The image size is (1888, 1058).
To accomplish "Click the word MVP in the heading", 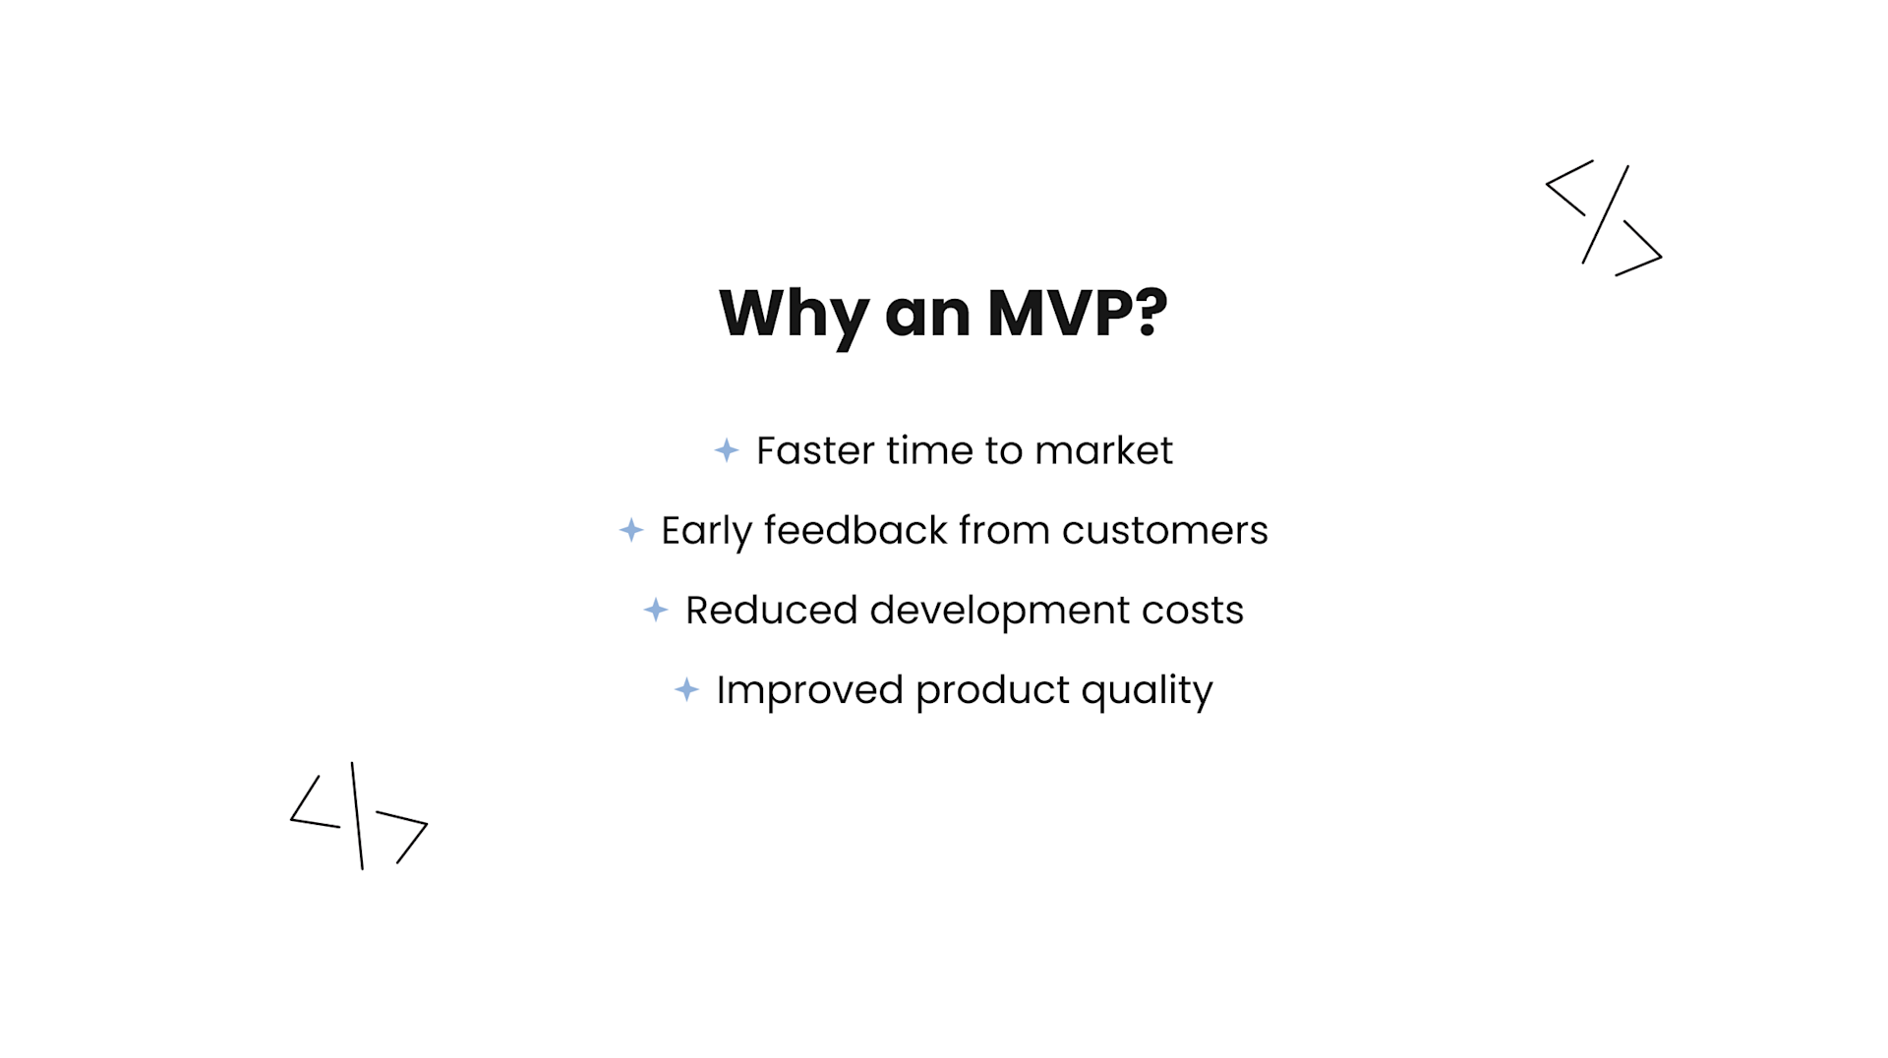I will click(x=1060, y=314).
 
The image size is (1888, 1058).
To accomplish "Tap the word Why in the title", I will click(x=793, y=314).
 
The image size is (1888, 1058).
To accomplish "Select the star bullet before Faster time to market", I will click(x=727, y=450).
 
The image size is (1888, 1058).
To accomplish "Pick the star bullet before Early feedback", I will click(x=631, y=530).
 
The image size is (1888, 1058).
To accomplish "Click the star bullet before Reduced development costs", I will click(x=656, y=610).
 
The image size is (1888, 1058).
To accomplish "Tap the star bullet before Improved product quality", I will click(x=687, y=689).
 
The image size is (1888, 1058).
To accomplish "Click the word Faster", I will click(x=815, y=450).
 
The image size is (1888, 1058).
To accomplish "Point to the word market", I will click(x=1103, y=450).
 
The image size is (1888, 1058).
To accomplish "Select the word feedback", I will click(x=855, y=530).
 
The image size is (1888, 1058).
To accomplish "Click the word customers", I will click(x=1164, y=531).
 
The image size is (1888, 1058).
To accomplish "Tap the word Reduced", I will click(x=771, y=610).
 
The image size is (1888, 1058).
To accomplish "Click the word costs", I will click(x=1192, y=611).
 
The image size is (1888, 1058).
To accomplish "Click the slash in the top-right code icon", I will click(x=1605, y=214).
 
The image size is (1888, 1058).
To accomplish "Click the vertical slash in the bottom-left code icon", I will click(x=357, y=815).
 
